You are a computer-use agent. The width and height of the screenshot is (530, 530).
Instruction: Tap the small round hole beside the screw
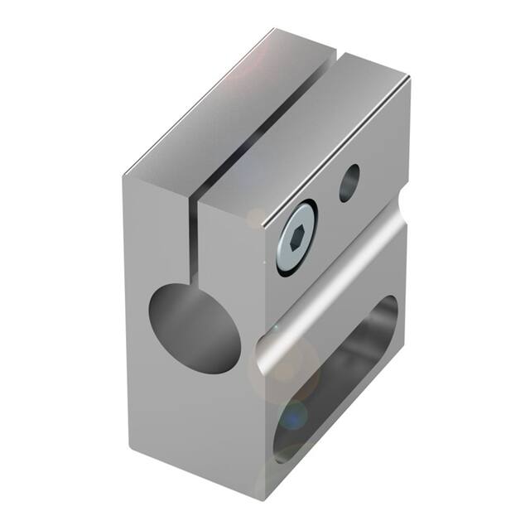pos(349,182)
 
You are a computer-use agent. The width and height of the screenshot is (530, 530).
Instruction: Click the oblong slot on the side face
pos(340,373)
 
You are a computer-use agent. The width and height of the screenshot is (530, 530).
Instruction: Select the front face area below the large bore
pos(199,414)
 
